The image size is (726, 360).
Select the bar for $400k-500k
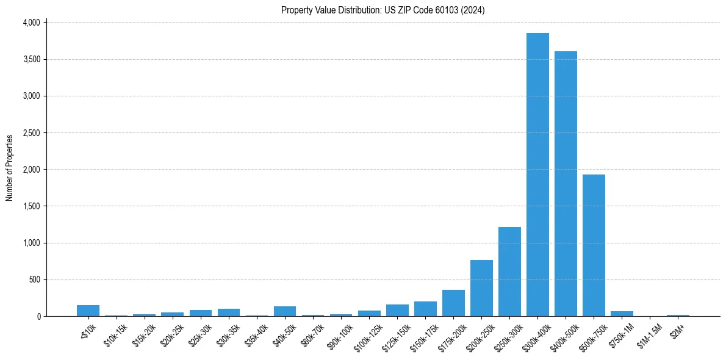click(566, 184)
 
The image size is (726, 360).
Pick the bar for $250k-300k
click(509, 272)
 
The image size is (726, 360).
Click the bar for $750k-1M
click(622, 314)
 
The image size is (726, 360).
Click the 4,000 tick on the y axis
click(31, 23)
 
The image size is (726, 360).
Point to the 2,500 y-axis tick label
click(31, 132)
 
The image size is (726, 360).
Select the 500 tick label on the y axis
click(34, 279)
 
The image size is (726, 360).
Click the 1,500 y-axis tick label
click(31, 206)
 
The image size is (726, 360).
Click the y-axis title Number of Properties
click(9, 168)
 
